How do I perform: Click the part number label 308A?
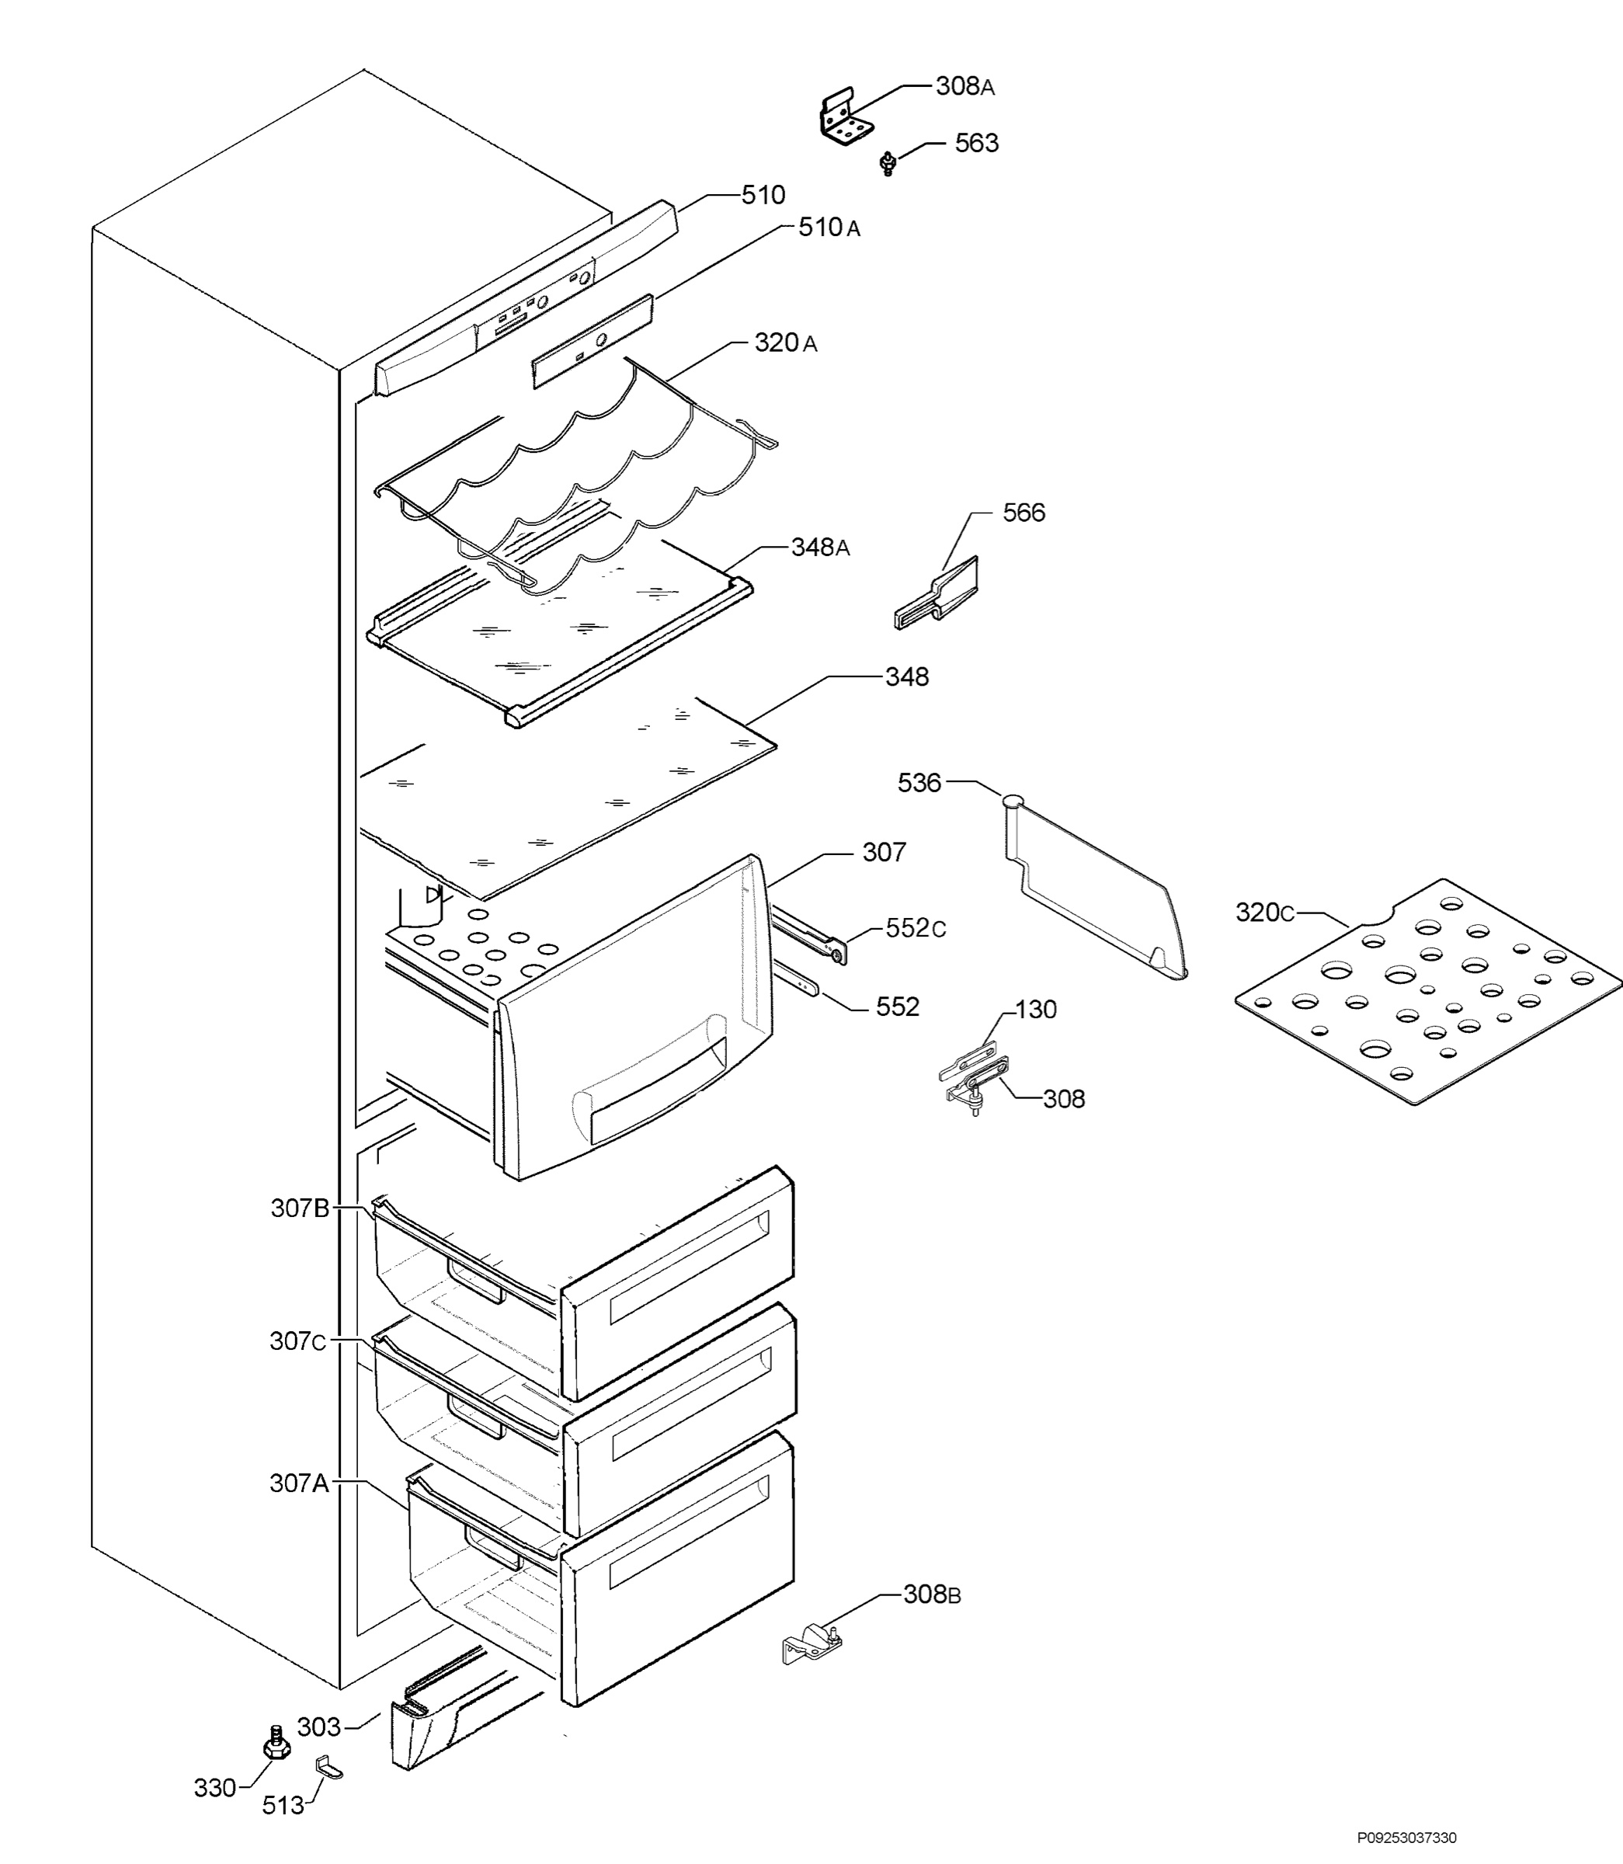[x=964, y=87]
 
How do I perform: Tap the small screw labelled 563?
[x=888, y=164]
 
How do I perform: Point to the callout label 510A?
[x=829, y=228]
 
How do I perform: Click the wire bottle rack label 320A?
[x=785, y=343]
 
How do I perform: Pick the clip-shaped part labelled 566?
[x=937, y=594]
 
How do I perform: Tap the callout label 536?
[x=919, y=783]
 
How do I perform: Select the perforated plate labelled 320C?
[x=1428, y=991]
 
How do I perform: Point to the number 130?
[x=1036, y=1009]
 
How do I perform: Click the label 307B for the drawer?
[x=300, y=1208]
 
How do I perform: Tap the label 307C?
[x=298, y=1341]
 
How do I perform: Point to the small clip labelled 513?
[x=328, y=1767]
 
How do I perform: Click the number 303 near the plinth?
[x=319, y=1727]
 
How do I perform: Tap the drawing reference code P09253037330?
[x=1406, y=1838]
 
